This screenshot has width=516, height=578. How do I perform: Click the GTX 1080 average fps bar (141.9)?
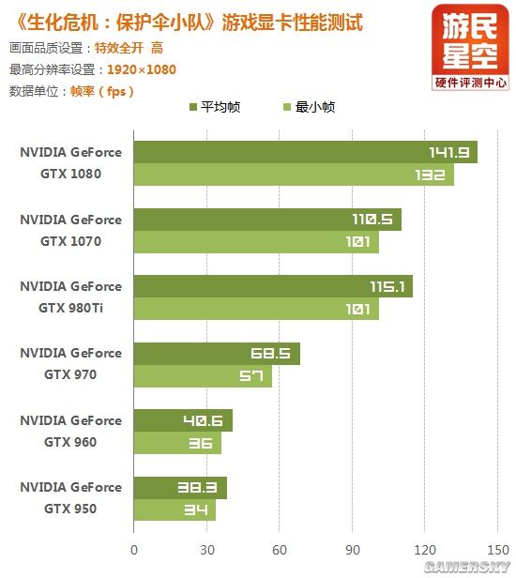coord(305,152)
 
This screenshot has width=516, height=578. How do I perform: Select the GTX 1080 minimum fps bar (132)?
coord(294,175)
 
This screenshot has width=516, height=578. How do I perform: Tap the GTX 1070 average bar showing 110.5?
coord(267,220)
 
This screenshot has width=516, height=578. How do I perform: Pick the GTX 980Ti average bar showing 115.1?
coord(273,286)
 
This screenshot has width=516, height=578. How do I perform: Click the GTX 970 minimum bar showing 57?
coord(203,376)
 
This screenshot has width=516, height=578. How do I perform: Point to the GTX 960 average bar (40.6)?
coord(183,420)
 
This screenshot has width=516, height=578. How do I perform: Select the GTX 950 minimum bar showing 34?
coord(175,510)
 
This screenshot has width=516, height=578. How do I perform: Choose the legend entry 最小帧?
coord(308,107)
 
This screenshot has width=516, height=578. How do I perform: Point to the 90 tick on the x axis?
coord(352,551)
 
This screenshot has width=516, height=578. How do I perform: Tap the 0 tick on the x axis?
coord(134,551)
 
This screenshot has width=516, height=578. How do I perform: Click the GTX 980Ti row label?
coord(70,297)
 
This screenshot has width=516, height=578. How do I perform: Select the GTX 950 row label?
coord(70,498)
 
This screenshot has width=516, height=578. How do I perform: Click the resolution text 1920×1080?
coord(141,69)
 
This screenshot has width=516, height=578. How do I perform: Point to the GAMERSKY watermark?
coord(466,567)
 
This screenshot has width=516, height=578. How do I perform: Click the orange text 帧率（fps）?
coord(102,91)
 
